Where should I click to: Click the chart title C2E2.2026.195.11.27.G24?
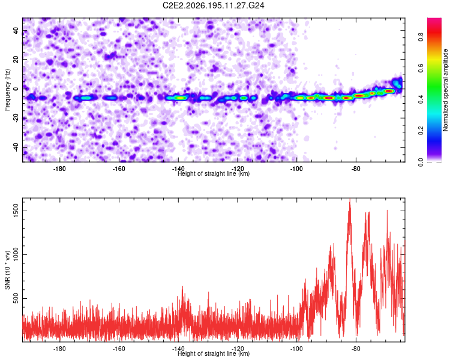pos(213,5)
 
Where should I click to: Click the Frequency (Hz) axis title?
pos(7,89)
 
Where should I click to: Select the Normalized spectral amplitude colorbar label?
pos(445,90)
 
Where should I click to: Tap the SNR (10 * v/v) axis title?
pos(7,270)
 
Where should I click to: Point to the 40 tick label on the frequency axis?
pos(16,31)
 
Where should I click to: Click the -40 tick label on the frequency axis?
pos(16,147)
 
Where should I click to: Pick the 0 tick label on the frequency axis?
pos(16,89)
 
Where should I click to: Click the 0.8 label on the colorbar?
pos(421,37)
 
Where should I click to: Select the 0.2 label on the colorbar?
pos(421,130)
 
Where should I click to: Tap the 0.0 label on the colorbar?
pos(421,161)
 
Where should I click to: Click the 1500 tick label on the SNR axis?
pos(16,211)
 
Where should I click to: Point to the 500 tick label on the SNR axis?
pos(16,298)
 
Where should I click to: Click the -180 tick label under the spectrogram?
pos(59,169)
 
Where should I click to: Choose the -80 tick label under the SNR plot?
pos(356,349)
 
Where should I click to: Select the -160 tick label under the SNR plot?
pos(119,349)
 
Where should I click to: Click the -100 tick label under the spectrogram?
pos(296,169)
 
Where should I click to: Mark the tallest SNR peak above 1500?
pos(350,199)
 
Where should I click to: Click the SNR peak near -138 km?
pos(182,287)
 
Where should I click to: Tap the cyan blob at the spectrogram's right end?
pos(397,83)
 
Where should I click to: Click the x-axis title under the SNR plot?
pos(214,353)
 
